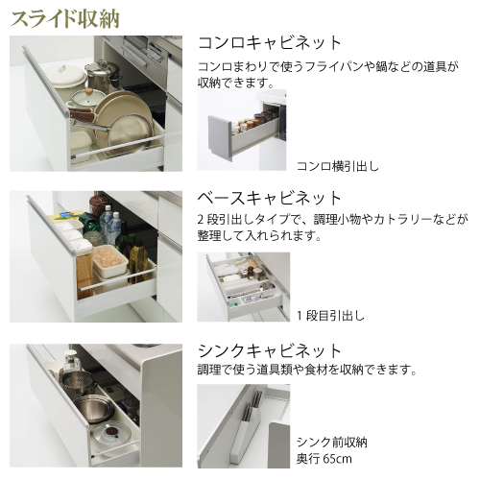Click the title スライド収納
(65, 19)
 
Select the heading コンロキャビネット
(270, 43)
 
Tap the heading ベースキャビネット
(269, 198)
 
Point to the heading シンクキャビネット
(270, 351)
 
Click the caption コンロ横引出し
(338, 166)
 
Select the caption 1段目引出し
(331, 316)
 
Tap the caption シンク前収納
(332, 443)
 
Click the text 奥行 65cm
(324, 459)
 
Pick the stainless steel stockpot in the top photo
(103, 76)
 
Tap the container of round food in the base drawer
(109, 259)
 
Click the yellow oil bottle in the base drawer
(138, 261)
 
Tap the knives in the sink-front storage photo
(252, 405)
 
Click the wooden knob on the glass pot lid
(89, 91)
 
